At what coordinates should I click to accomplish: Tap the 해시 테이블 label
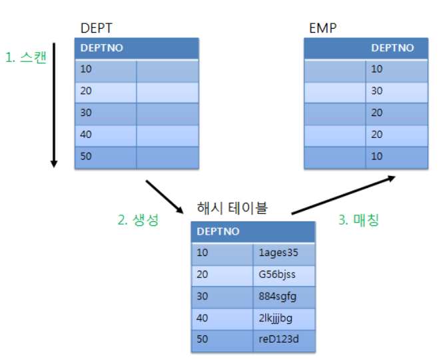[232, 207]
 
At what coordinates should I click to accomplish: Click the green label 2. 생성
[138, 220]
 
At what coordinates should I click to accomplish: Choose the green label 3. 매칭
[358, 220]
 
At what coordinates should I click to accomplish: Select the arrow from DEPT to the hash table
[164, 195]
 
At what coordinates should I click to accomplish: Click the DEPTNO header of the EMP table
[392, 48]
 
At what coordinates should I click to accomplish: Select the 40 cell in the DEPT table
[87, 134]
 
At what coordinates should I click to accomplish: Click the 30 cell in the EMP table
[377, 91]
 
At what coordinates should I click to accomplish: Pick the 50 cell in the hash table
[203, 339]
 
